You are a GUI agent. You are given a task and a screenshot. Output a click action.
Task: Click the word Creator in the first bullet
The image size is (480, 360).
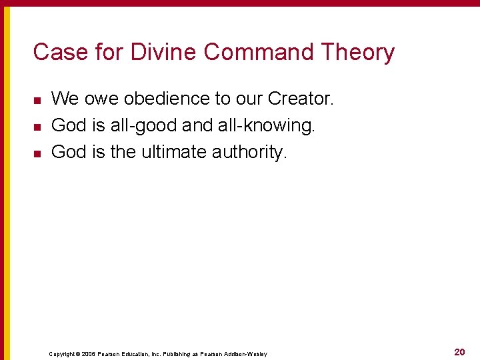click(299, 99)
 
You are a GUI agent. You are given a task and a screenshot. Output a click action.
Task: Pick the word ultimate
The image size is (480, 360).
click(173, 152)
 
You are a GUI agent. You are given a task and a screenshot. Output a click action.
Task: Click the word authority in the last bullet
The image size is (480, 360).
click(249, 153)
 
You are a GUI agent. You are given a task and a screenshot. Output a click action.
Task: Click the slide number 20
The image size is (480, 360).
click(459, 352)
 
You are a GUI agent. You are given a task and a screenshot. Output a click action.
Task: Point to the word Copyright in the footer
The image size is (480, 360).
click(62, 354)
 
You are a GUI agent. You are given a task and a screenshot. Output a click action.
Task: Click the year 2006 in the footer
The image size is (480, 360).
click(89, 354)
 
